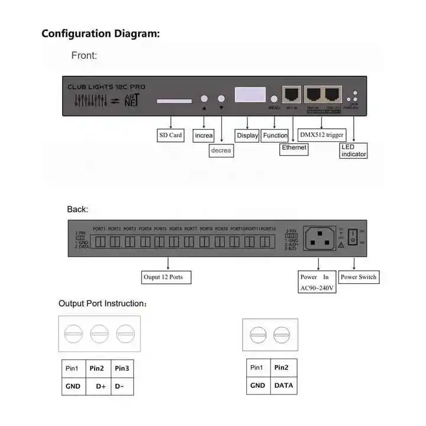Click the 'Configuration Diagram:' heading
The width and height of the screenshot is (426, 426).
tap(101, 33)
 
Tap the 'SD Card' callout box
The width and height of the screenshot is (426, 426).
tap(170, 135)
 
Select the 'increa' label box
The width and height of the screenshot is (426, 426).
tap(204, 135)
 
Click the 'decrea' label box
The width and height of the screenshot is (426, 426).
tap(221, 151)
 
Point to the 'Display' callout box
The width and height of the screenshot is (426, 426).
tap(247, 135)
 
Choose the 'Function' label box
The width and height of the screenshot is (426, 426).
tap(275, 135)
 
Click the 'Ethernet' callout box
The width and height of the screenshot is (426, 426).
tap(294, 147)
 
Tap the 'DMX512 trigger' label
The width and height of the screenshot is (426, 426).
tap(322, 135)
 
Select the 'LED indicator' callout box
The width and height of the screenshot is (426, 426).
tap(354, 150)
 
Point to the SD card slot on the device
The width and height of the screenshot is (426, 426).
tap(174, 101)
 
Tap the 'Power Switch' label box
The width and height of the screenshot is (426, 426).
tap(359, 277)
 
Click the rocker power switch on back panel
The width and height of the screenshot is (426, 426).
tap(353, 238)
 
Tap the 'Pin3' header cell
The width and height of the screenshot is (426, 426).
tap(122, 369)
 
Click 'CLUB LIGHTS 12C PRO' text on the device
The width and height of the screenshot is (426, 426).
tap(106, 87)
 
